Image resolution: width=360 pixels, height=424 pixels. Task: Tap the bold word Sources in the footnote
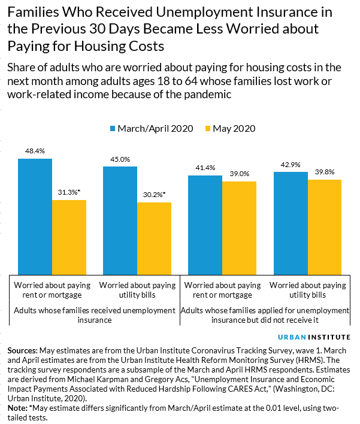[23, 350]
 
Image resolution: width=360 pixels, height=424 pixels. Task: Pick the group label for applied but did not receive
[264, 315]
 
